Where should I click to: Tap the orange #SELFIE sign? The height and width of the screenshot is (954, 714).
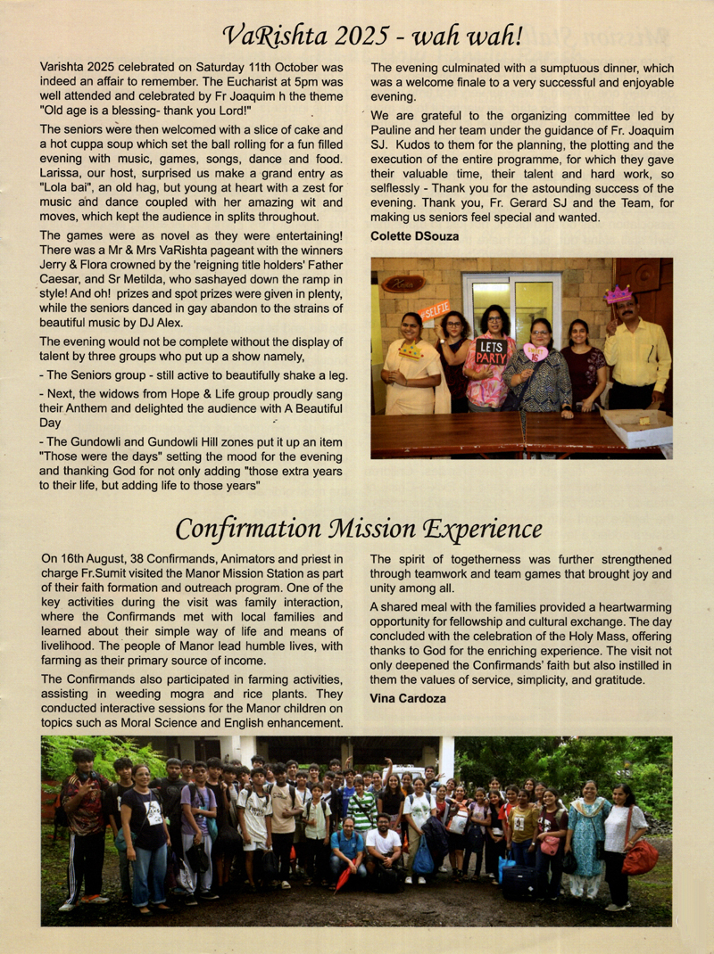(x=435, y=311)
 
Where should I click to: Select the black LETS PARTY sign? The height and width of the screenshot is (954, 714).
(x=490, y=350)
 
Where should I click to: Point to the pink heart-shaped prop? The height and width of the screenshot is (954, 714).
(x=535, y=352)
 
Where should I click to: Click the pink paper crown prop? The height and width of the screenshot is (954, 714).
(x=618, y=294)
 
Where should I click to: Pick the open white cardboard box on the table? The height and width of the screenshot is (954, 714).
(x=636, y=427)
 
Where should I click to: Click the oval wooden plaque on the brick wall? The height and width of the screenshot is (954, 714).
(x=403, y=284)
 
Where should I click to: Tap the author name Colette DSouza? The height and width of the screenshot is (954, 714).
(x=415, y=235)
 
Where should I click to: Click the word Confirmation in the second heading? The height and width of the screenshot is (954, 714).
(x=254, y=529)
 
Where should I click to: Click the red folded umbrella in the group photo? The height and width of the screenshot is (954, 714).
(x=342, y=878)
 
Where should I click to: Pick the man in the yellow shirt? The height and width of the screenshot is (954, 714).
(x=636, y=352)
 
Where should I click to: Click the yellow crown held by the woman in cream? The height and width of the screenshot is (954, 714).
(x=411, y=350)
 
